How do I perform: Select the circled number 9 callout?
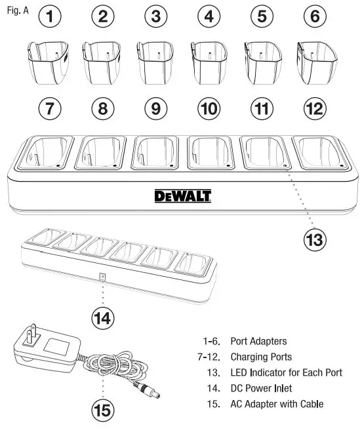pyautogui.click(x=155, y=109)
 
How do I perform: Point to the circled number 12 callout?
pyautogui.click(x=315, y=109)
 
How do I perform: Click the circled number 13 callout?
pyautogui.click(x=315, y=240)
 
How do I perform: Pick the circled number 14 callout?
pyautogui.click(x=102, y=318)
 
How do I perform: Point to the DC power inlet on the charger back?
pyautogui.click(x=102, y=277)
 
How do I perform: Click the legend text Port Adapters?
pyautogui.click(x=258, y=341)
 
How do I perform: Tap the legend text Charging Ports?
pyautogui.click(x=261, y=357)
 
